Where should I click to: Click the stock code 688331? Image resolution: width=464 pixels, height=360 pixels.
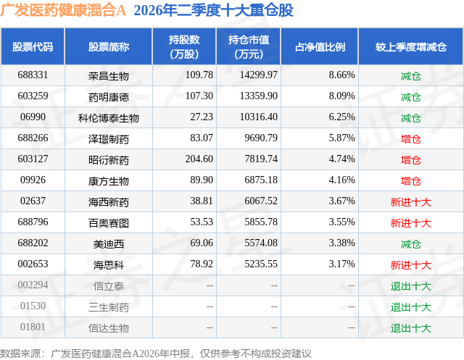33,75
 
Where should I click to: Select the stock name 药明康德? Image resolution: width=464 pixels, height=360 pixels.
109,96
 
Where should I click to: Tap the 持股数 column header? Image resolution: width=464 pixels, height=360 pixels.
184,46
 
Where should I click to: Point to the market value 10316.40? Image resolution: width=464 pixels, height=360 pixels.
259,117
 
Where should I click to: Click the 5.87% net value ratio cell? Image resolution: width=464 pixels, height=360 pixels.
341,138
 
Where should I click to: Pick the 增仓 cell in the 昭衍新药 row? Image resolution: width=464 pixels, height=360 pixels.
411,160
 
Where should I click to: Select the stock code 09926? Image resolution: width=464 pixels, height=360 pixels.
33,180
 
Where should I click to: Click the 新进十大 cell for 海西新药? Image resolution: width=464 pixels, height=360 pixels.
411,202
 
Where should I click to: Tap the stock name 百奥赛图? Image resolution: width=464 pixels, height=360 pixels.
109,223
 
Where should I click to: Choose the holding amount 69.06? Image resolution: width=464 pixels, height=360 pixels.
202,243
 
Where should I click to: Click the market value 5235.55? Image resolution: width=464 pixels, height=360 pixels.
261,264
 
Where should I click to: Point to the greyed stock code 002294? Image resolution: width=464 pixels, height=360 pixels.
33,285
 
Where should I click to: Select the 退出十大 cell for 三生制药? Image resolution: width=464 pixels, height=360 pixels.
411,307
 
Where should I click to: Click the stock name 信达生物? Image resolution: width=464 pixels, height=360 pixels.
109,328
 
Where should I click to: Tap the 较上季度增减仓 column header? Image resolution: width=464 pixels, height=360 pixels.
411,46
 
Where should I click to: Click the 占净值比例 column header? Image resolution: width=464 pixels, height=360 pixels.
320,46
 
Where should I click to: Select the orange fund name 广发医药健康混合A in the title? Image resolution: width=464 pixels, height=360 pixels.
63,10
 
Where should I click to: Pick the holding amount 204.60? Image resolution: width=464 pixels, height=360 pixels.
199,159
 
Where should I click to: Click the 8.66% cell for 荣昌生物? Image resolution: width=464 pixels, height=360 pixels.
341,75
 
